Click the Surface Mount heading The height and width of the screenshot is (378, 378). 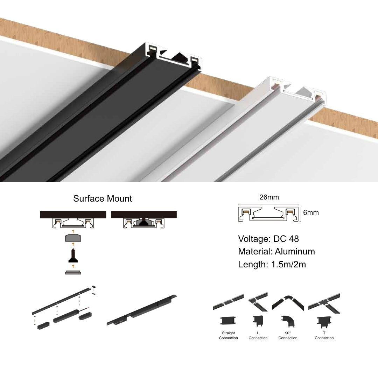coord(103,199)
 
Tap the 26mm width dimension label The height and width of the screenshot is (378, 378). coord(269,197)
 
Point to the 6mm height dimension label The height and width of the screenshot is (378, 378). coord(311,212)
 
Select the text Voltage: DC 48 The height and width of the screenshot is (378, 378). coord(268,239)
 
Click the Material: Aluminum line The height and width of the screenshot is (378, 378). coord(276,251)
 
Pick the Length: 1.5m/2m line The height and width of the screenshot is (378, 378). coord(272,264)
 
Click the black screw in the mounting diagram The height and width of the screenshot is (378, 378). coord(73,256)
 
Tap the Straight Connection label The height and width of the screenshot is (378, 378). coord(228,335)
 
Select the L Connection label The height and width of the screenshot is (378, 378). coord(258,335)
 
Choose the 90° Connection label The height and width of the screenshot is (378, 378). coord(288,335)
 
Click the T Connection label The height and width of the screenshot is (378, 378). coord(324,335)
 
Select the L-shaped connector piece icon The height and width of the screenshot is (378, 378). coord(258,321)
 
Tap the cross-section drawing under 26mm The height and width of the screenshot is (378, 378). coord(268,214)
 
